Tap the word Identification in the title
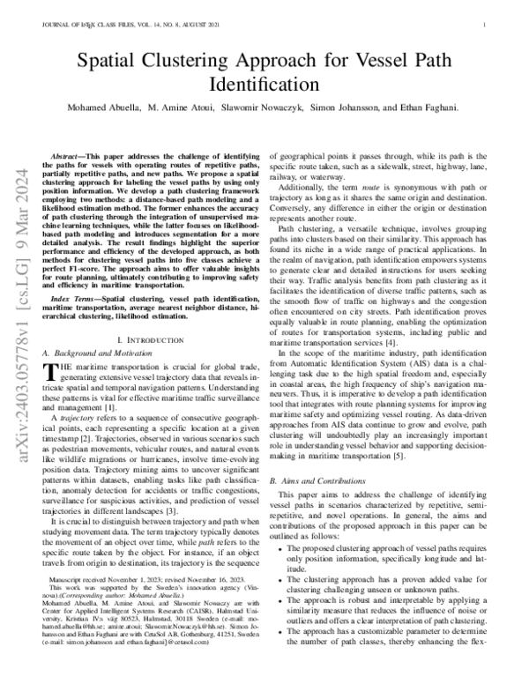pos(264,85)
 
